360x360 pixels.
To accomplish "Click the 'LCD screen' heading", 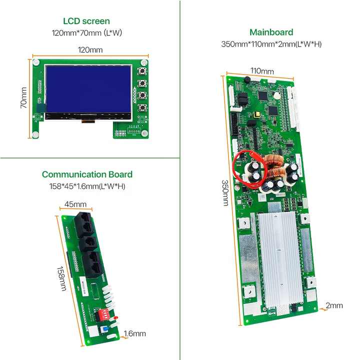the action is tap(86, 21).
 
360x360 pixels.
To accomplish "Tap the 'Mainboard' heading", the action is tap(271, 32).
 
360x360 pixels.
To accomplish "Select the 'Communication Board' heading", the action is tap(87, 174).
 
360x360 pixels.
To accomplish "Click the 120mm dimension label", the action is tap(90, 50).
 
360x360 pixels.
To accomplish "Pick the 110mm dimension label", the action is tap(261, 71).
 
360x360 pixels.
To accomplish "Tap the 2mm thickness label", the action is tap(334, 305).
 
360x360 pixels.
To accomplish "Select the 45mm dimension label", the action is tap(75, 204).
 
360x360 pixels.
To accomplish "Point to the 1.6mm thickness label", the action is tap(135, 333).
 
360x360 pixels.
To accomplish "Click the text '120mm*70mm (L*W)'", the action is tap(87, 33).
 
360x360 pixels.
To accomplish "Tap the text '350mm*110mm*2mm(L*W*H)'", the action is tap(271, 44).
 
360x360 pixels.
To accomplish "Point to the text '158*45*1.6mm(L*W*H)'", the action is tap(87, 186).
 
